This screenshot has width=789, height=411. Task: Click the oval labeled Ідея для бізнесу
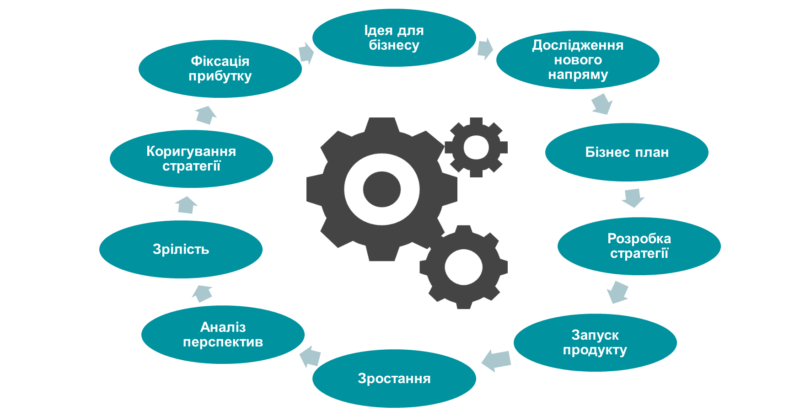click(x=394, y=38)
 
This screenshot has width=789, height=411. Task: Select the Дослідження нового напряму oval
click(x=578, y=60)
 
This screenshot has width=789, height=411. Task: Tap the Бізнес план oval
click(x=627, y=152)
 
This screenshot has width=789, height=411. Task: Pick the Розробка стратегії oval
click(x=639, y=246)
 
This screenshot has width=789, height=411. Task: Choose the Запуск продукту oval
click(x=595, y=342)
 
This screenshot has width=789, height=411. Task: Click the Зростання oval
click(x=394, y=379)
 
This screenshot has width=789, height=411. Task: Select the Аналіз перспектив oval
click(x=223, y=335)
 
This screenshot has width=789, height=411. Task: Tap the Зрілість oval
click(x=181, y=250)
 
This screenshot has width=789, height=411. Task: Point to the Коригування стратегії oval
click(x=191, y=159)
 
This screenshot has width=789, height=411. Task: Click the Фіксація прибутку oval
click(x=220, y=69)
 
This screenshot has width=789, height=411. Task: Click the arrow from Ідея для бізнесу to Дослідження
click(x=485, y=48)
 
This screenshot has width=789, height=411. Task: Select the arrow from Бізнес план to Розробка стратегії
click(x=633, y=197)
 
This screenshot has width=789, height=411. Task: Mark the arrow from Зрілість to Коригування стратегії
click(x=186, y=205)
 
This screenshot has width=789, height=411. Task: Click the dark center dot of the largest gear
click(x=382, y=189)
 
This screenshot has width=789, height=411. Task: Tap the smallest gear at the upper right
click(x=476, y=147)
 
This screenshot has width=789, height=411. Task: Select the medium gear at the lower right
click(x=463, y=267)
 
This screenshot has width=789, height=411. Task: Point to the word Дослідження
click(x=578, y=45)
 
